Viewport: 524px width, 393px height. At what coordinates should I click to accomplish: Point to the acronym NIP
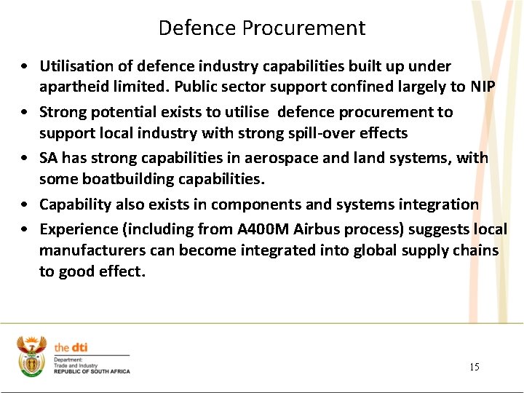pos(483,87)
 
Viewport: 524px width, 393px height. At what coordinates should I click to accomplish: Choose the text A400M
pos(263,229)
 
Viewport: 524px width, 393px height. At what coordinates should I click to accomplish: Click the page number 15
pos(475,367)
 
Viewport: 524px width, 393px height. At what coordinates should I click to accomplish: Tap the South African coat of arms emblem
pos(32,356)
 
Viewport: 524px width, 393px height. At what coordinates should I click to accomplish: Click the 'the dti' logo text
pos(71,348)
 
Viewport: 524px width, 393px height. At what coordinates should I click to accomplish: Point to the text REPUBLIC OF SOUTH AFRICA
pos(92,372)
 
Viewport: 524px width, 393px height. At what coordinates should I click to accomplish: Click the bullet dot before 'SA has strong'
pos(25,159)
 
